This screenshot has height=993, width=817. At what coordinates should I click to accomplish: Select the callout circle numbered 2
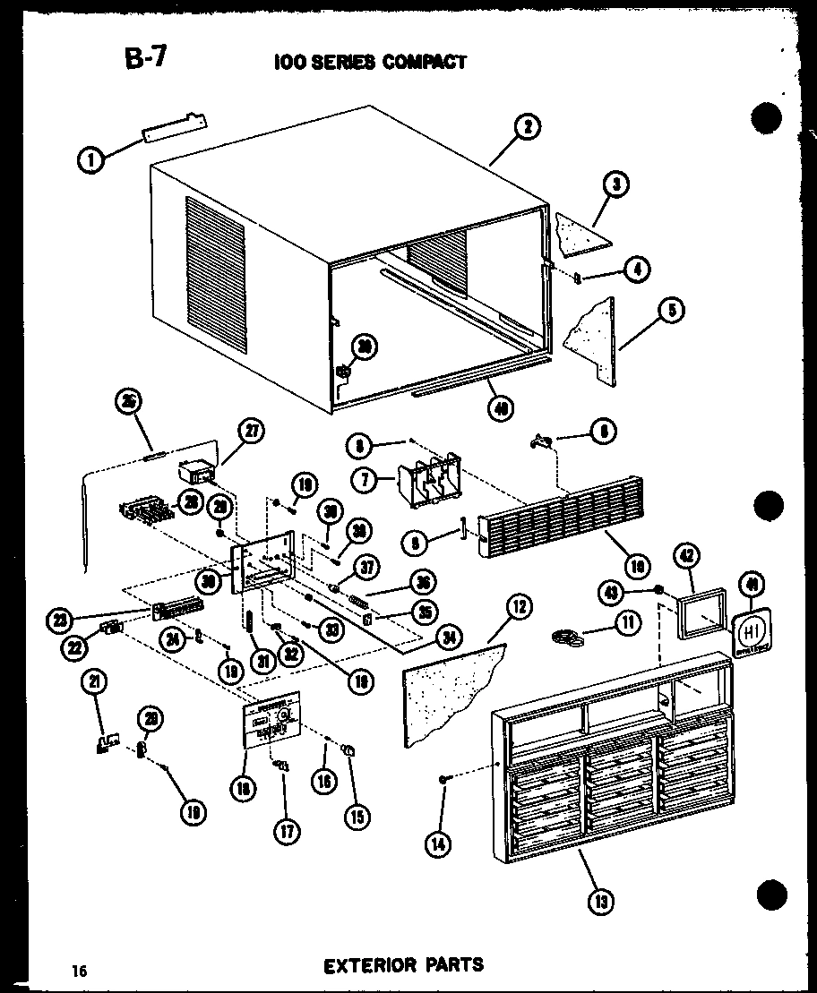(x=527, y=128)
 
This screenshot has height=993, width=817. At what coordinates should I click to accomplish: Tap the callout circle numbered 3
(x=615, y=185)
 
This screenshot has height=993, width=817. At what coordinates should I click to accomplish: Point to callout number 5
(x=669, y=311)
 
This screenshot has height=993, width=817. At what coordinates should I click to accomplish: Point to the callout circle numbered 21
(x=93, y=683)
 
